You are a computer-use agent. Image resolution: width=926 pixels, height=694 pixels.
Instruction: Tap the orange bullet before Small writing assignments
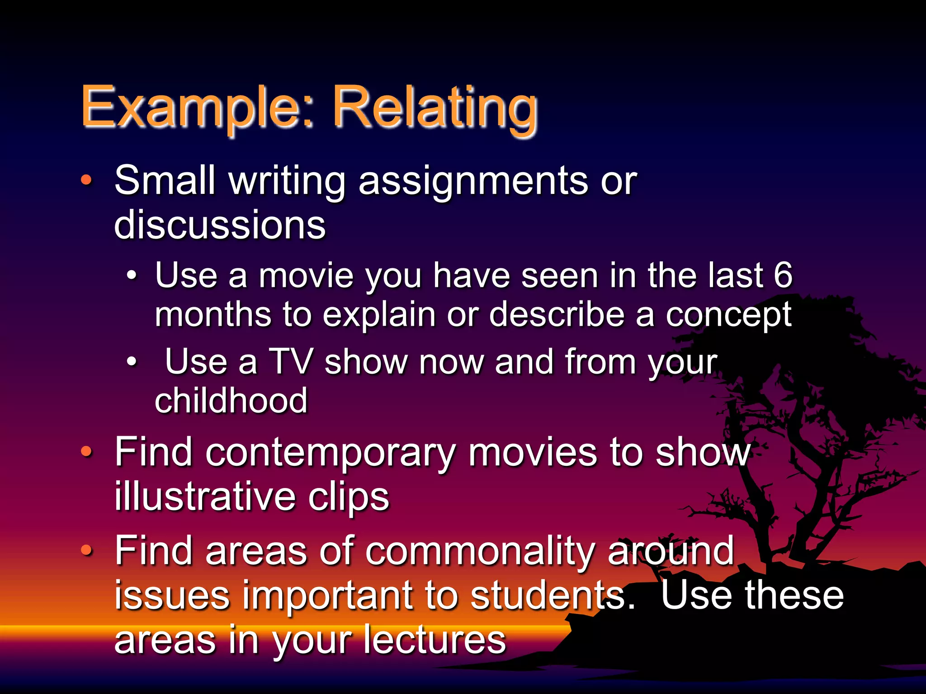point(86,180)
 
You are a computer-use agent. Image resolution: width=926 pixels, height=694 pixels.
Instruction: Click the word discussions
point(220,225)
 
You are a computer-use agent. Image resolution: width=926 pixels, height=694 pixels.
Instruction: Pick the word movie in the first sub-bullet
point(306,276)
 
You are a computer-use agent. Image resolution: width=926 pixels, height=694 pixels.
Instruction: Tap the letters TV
point(290,361)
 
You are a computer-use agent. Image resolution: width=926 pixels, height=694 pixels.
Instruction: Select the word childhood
point(231,401)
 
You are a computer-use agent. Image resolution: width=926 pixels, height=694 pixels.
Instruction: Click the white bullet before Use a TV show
point(131,361)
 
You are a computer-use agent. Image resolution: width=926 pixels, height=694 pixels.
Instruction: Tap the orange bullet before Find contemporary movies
point(86,451)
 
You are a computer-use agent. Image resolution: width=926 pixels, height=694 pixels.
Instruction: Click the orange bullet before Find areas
point(86,550)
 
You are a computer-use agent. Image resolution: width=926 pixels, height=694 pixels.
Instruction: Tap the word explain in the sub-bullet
point(379,315)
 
